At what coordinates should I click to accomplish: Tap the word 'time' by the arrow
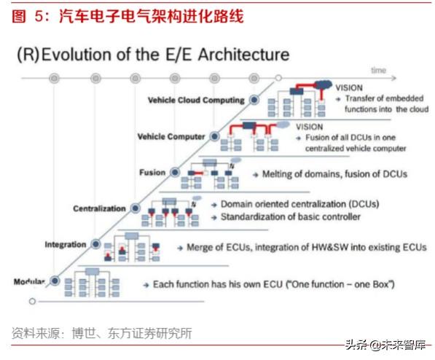377,70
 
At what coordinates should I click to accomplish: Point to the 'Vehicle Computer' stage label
171,136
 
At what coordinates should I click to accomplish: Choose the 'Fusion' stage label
152,173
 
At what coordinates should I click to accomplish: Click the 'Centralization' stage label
99,209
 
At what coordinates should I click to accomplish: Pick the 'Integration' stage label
66,244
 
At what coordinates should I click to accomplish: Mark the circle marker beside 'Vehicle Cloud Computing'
253,99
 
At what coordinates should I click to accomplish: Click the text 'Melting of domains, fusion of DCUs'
329,174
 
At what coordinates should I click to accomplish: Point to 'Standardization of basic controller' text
289,217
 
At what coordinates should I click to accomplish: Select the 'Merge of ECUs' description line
306,247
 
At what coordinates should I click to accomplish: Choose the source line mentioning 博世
101,334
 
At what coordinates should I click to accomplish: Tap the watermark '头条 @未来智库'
384,345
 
